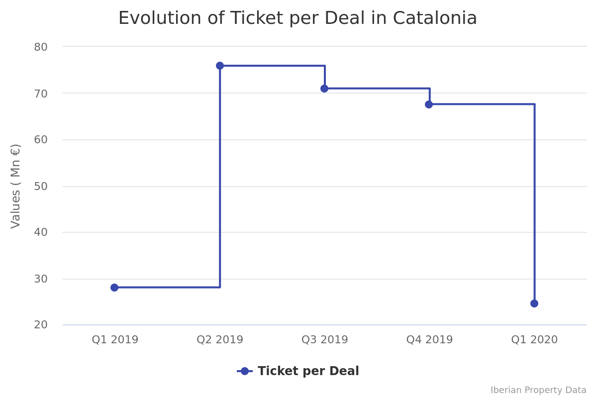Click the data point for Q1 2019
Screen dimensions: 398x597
pyautogui.click(x=114, y=288)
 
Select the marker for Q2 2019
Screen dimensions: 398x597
pyautogui.click(x=220, y=66)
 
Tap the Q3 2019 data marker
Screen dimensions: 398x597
pyautogui.click(x=324, y=89)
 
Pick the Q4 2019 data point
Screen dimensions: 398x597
pyautogui.click(x=429, y=104)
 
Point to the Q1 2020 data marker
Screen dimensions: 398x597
pyautogui.click(x=534, y=303)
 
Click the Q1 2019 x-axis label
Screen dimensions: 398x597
pyautogui.click(x=115, y=340)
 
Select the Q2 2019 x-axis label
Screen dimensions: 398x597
pyautogui.click(x=220, y=340)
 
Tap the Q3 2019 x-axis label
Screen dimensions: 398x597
pyautogui.click(x=325, y=340)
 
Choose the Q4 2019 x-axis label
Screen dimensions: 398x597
pyautogui.click(x=429, y=340)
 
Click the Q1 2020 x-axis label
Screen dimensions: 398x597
pyautogui.click(x=534, y=340)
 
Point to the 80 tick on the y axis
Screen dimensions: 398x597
pyautogui.click(x=41, y=47)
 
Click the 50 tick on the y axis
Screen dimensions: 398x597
pyautogui.click(x=41, y=187)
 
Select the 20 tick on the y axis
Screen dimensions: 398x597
pyautogui.click(x=41, y=325)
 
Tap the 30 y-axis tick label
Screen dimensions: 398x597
pyautogui.click(x=41, y=279)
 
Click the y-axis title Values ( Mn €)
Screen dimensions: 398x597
pyautogui.click(x=16, y=186)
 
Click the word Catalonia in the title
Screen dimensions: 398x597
pyautogui.click(x=435, y=18)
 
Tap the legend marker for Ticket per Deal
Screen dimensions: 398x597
pyautogui.click(x=244, y=371)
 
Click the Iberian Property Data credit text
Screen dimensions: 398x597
pyautogui.click(x=538, y=390)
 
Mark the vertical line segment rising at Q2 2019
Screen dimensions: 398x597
pyautogui.click(x=220, y=179)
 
